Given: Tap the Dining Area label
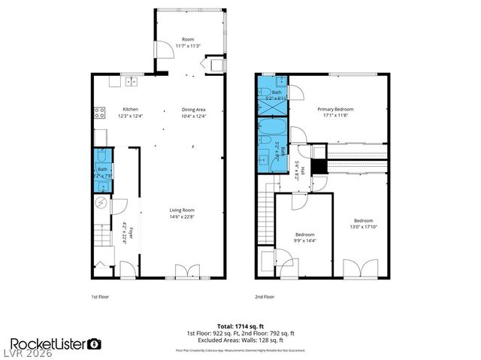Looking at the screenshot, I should (x=194, y=108).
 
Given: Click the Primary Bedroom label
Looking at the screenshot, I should (x=335, y=108).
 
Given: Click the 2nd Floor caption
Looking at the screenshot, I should (x=264, y=297).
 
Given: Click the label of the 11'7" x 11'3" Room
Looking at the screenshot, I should (x=189, y=42).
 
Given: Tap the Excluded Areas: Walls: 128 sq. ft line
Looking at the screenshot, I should (x=240, y=339).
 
